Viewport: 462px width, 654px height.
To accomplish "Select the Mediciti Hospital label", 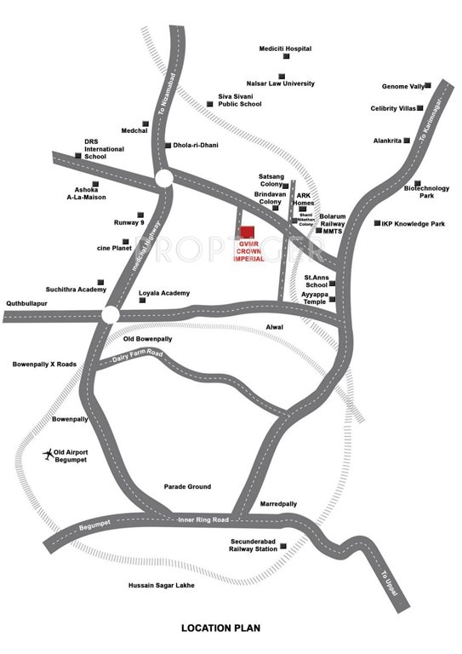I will (288, 49).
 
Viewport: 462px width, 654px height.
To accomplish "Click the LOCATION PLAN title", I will (220, 628).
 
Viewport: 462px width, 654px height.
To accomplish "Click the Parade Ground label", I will (187, 487).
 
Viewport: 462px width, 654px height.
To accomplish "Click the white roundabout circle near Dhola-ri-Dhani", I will (163, 178).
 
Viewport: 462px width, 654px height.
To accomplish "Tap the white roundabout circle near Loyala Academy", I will (109, 315).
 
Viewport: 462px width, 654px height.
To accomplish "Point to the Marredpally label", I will (278, 504).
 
